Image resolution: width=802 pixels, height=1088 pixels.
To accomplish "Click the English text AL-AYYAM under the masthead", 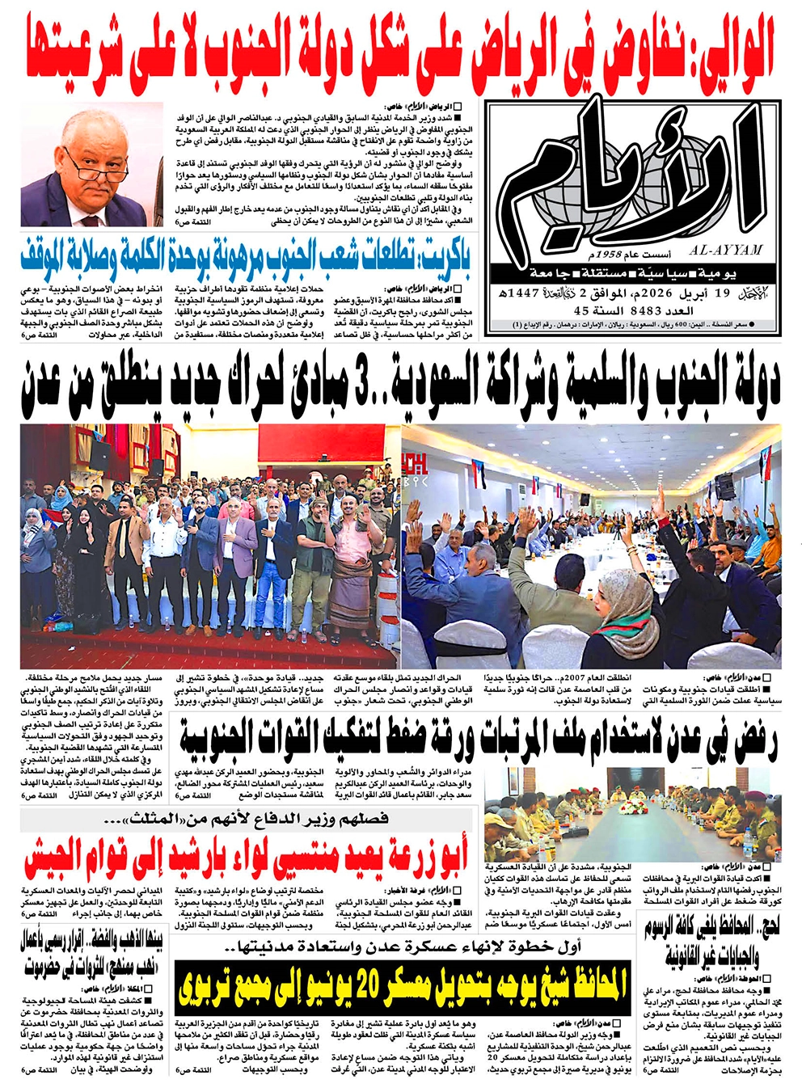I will click(x=727, y=251).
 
